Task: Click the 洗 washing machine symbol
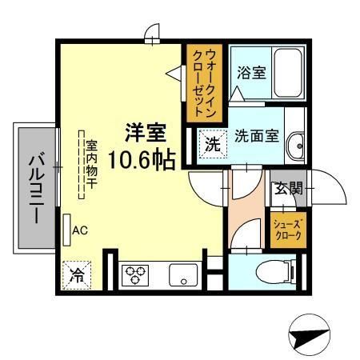click(211, 146)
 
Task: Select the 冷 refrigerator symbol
click(77, 275)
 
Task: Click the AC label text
click(80, 230)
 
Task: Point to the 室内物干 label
click(90, 163)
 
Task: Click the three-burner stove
click(134, 275)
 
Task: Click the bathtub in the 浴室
click(285, 74)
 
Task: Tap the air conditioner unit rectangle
click(67, 230)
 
